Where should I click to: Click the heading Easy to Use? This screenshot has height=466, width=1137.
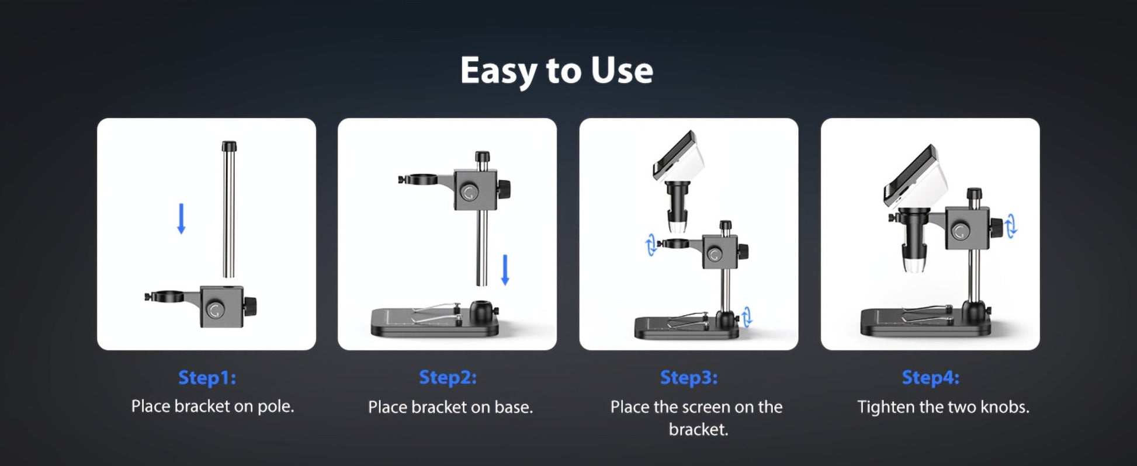point(556,71)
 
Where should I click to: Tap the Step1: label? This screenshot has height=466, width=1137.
point(207,378)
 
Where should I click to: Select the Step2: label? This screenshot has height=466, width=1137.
point(448,378)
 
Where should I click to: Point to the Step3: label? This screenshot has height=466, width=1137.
point(689,378)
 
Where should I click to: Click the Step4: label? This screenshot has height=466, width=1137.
point(930,378)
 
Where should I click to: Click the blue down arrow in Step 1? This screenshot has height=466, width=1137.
point(181,218)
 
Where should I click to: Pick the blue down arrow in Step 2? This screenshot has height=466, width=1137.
point(505,270)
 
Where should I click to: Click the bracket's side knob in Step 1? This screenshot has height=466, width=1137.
point(251,306)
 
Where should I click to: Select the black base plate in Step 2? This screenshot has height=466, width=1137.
point(435,323)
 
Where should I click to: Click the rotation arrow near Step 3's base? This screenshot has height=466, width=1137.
point(747,317)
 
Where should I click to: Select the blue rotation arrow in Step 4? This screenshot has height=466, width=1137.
point(1012,225)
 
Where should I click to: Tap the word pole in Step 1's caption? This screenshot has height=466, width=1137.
point(276,406)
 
